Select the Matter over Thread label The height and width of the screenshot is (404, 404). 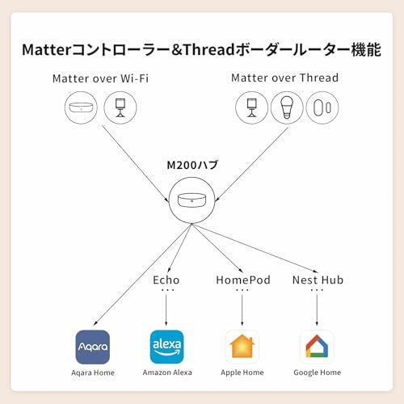284,78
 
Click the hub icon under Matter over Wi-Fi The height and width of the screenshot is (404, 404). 79,107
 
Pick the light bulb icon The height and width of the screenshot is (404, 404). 286,107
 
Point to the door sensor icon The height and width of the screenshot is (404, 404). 322,107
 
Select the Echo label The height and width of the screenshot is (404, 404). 166,280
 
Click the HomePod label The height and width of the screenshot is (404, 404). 242,280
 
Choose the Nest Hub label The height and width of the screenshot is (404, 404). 317,280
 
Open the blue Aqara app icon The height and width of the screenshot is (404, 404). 92,347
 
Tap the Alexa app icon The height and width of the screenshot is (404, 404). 166,347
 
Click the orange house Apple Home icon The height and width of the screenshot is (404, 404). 242,347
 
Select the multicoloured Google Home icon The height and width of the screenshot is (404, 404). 317,347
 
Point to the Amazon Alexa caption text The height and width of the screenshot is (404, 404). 166,373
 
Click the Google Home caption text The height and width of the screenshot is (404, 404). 317,373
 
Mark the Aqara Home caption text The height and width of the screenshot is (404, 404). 92,373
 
